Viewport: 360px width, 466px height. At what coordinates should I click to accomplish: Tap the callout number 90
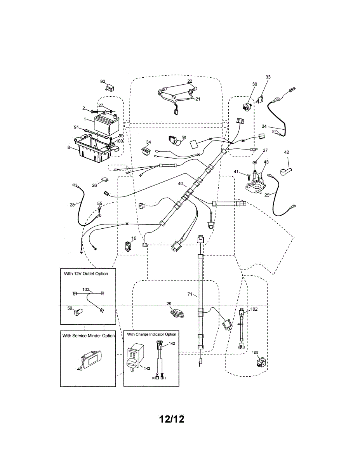click(103, 82)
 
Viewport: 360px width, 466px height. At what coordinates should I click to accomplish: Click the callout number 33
click(268, 77)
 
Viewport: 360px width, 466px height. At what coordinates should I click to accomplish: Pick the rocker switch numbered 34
click(147, 150)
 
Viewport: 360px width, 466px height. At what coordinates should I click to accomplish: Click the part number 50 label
click(184, 137)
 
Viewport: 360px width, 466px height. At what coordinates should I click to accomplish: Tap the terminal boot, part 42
click(286, 170)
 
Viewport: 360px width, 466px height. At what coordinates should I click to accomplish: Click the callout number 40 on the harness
click(180, 184)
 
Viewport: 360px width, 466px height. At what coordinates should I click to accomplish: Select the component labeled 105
click(259, 363)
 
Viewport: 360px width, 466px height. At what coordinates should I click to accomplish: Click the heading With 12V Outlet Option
click(86, 273)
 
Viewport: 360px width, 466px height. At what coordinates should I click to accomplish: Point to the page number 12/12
click(171, 419)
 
